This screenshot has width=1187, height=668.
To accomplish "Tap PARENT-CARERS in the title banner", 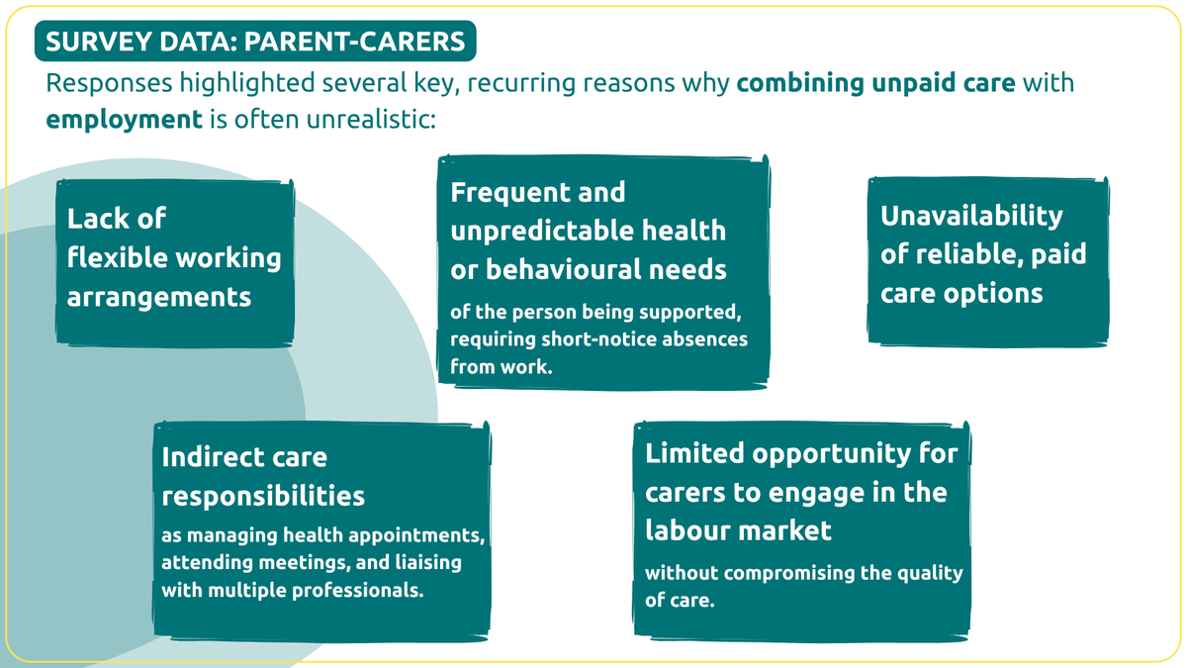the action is [x=354, y=42].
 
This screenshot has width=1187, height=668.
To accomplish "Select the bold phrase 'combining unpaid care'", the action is [x=876, y=84].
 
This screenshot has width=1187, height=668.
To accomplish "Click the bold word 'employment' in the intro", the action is [x=124, y=120].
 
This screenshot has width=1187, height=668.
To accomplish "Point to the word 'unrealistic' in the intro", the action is [x=371, y=119].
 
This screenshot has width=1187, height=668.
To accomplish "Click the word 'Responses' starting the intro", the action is [x=109, y=84].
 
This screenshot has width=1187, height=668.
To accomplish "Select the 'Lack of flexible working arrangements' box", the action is [x=175, y=263].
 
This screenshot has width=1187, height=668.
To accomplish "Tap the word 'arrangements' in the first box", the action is [x=159, y=298].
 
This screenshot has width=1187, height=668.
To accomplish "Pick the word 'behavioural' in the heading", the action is [x=562, y=269].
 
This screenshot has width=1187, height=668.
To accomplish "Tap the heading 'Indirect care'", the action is [x=244, y=457].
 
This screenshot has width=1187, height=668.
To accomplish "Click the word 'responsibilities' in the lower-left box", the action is [x=263, y=497].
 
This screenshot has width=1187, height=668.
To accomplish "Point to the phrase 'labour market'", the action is [x=738, y=531].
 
